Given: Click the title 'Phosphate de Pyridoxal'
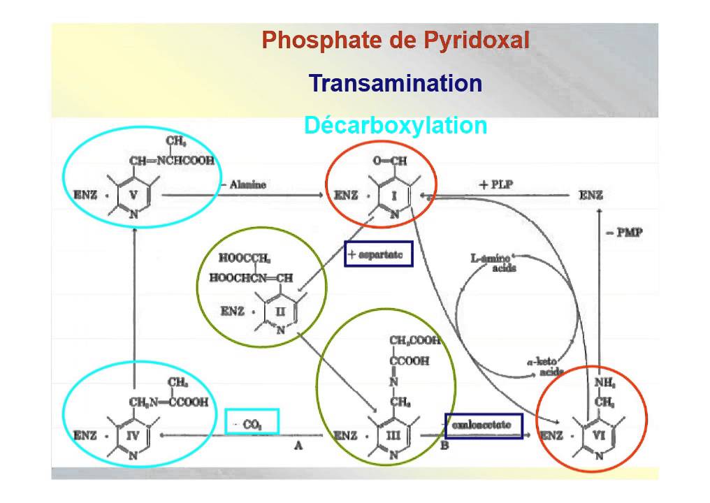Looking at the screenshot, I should tap(396, 41).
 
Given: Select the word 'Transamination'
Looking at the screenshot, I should tap(396, 84).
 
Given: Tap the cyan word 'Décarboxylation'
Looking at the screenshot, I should tap(396, 126).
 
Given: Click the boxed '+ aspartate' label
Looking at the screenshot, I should tap(379, 254).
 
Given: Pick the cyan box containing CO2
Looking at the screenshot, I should tap(252, 421).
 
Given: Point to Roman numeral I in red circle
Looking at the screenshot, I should tap(395, 196).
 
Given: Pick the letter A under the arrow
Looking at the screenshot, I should tap(298, 447).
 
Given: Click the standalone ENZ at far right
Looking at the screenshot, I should tap(591, 196).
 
